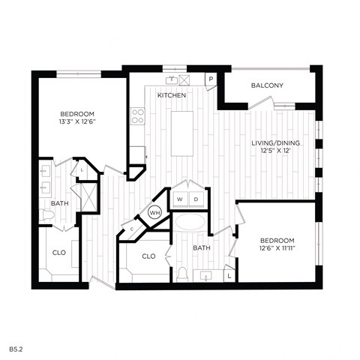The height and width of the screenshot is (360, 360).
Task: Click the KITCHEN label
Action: (x=172, y=96)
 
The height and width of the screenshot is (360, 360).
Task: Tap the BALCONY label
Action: (x=267, y=85)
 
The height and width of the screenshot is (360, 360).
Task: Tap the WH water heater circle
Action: (x=155, y=212)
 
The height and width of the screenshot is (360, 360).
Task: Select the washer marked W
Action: (x=180, y=199)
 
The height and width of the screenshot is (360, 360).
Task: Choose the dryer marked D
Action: (x=196, y=199)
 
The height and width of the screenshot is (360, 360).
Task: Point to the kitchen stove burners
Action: (x=137, y=115)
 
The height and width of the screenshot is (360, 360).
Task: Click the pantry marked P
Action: (x=211, y=78)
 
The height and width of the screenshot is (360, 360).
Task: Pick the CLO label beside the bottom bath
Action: (x=148, y=256)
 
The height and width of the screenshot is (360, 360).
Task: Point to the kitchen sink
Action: (x=172, y=78)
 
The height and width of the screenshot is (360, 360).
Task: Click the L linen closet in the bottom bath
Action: (x=229, y=276)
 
